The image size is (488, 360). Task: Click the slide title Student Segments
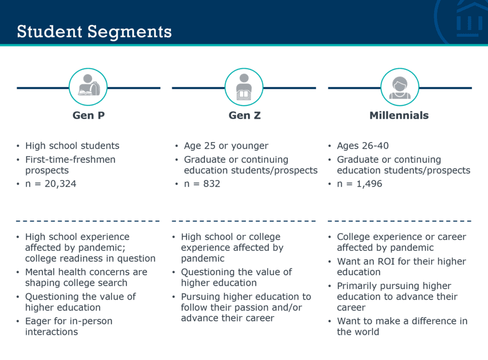point(94,31)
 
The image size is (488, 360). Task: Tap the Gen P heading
point(88,115)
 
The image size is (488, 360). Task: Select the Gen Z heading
point(244,115)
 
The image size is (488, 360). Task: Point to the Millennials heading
point(399,115)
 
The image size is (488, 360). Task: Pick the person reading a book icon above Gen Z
point(244,87)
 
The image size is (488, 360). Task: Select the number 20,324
point(61,184)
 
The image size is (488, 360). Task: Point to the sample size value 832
point(212,184)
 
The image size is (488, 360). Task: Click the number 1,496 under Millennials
point(369,184)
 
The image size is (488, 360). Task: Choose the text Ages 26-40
point(363,146)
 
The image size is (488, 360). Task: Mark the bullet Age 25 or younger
point(226,146)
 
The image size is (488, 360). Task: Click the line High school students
point(72,146)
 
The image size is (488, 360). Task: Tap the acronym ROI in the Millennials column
point(386,261)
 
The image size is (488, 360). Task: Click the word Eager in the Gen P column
point(39,321)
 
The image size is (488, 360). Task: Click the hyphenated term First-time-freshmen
point(71,159)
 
